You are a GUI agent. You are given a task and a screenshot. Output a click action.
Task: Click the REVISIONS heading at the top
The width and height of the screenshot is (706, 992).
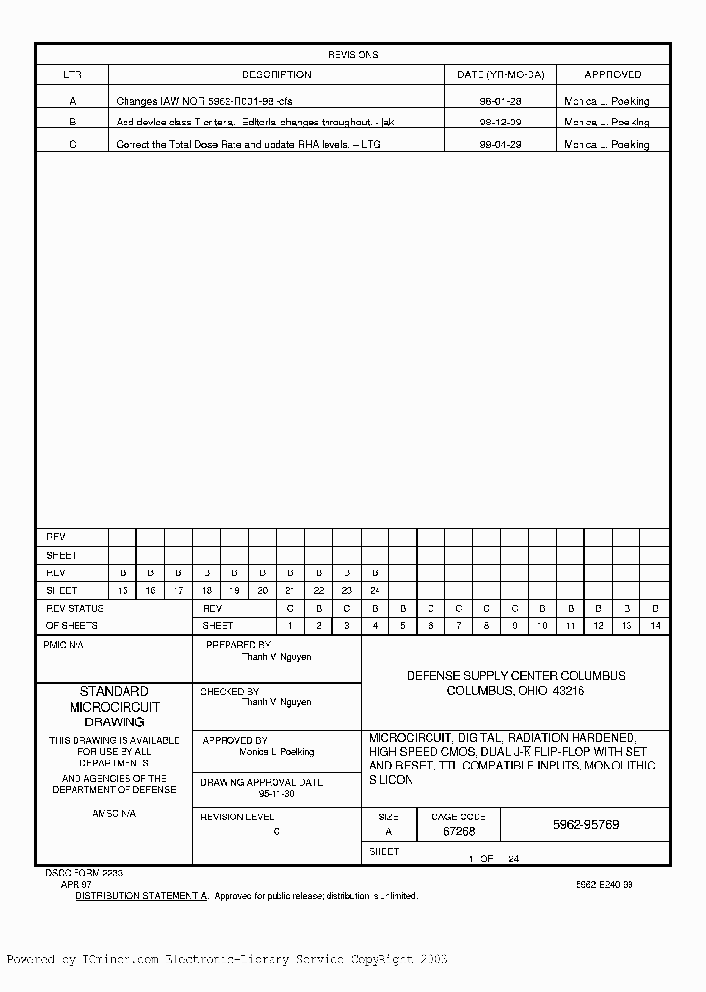pyautogui.click(x=353, y=55)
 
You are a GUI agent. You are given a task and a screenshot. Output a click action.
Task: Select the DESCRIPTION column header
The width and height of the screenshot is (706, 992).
pyautogui.click(x=277, y=74)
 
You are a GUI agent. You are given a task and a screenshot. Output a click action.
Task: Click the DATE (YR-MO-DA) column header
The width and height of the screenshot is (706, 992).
pyautogui.click(x=500, y=74)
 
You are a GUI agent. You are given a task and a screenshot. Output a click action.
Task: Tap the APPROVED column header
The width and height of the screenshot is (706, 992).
pyautogui.click(x=613, y=74)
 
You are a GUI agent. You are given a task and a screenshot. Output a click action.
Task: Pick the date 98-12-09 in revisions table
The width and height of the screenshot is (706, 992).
pyautogui.click(x=500, y=123)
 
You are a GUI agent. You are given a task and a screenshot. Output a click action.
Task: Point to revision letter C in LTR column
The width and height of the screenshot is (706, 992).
pyautogui.click(x=72, y=144)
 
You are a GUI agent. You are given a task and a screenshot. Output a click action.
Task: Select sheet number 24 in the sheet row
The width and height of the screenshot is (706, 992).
pyautogui.click(x=375, y=591)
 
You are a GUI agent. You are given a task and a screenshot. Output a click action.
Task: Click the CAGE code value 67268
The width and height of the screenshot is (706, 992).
pyautogui.click(x=459, y=831)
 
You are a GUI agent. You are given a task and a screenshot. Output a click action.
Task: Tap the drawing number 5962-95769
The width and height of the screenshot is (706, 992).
pyautogui.click(x=585, y=825)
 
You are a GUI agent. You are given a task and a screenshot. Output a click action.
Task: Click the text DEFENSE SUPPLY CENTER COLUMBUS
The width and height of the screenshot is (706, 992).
pyautogui.click(x=516, y=676)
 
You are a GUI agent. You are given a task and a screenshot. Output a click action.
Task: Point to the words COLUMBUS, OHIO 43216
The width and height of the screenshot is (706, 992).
pyautogui.click(x=516, y=691)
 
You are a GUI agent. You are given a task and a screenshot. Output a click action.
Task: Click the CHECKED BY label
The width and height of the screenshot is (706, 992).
pyautogui.click(x=229, y=692)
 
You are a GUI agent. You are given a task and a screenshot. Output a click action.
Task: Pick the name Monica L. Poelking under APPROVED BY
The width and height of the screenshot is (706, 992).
pyautogui.click(x=277, y=752)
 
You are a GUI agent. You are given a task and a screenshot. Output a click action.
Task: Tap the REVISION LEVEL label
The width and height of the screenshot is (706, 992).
pyautogui.click(x=236, y=817)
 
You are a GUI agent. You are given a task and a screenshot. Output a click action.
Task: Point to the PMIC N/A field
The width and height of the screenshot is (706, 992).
pyautogui.click(x=65, y=646)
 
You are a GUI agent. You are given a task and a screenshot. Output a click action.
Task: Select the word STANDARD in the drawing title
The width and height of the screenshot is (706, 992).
pyautogui.click(x=114, y=691)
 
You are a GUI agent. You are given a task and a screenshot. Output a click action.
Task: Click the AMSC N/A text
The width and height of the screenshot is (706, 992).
pyautogui.click(x=114, y=814)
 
